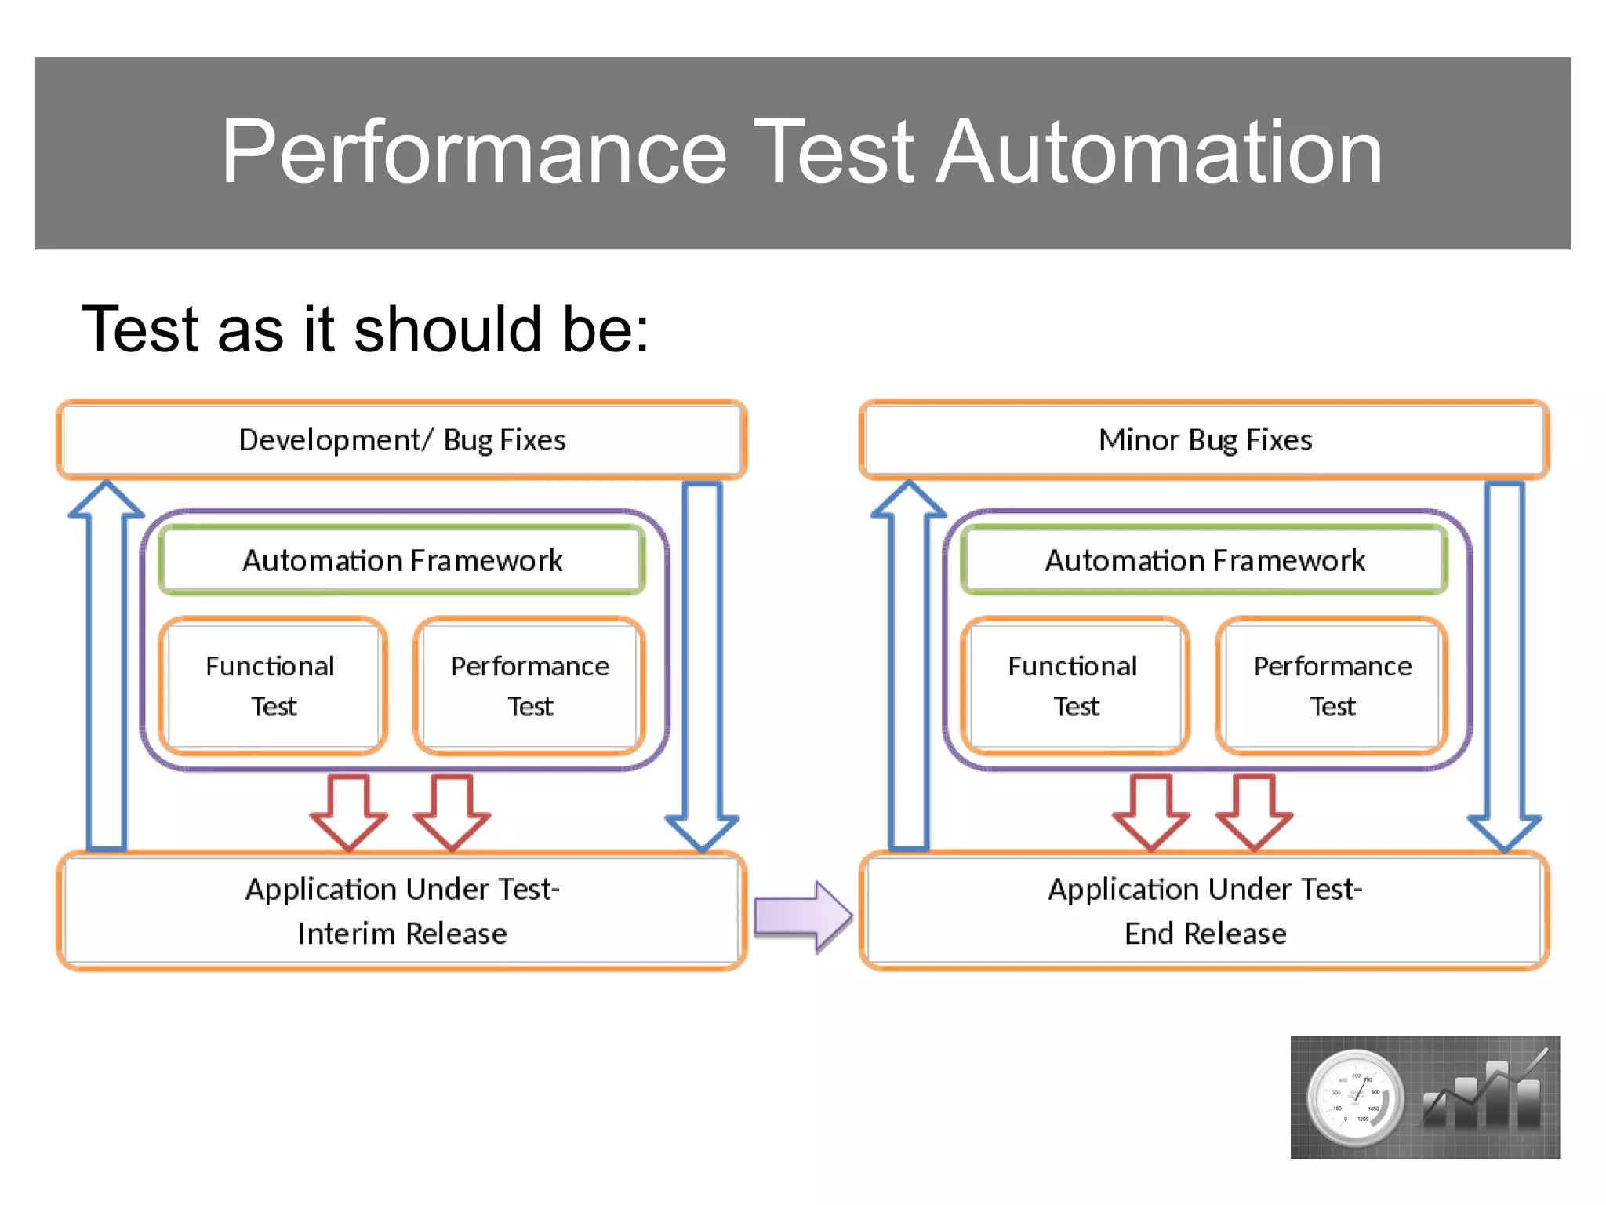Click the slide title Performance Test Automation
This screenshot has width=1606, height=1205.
tap(801, 152)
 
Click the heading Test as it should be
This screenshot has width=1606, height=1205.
tap(365, 329)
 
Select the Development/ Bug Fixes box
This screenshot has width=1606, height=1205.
tap(401, 440)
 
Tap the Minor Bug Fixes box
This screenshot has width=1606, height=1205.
tap(1204, 440)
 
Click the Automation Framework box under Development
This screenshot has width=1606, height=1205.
tap(401, 560)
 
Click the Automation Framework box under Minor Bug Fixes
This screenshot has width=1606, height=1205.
tap(1204, 560)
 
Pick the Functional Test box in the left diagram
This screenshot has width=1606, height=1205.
tap(272, 686)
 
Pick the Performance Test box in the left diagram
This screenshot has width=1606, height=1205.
tap(529, 686)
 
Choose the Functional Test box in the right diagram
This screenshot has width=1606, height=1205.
tap(1074, 686)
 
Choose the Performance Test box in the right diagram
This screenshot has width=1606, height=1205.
tap(1332, 686)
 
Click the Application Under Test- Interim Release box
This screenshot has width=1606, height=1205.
tap(401, 911)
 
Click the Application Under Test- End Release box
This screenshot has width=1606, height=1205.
tap(1204, 911)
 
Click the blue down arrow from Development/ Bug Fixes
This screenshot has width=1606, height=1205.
tap(702, 667)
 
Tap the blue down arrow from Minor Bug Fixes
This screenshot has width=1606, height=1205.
tap(1505, 667)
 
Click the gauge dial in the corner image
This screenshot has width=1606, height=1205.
tap(1355, 1097)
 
